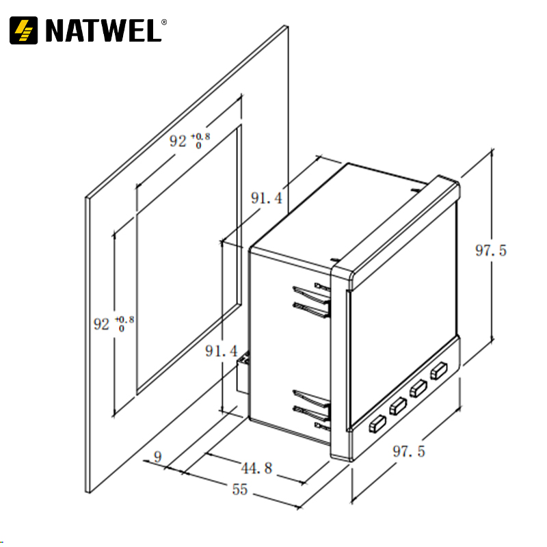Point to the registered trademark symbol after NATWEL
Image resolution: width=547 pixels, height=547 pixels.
point(163,21)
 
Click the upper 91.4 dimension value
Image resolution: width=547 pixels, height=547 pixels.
point(267,199)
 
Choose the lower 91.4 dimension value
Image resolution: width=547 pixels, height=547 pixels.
point(222,351)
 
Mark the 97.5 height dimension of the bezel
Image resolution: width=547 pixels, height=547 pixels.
point(491,251)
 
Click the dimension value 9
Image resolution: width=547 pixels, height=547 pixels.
point(159,457)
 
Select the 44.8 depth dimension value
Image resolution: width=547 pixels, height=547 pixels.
point(257,468)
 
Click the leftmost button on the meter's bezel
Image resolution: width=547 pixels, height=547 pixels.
point(376,425)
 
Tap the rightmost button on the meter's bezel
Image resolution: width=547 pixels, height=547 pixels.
point(438,371)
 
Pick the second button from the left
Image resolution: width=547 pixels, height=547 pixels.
point(397,407)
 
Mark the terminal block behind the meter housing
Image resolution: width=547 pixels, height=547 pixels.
point(242,373)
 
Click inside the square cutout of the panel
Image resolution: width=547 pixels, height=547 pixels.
point(188,260)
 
